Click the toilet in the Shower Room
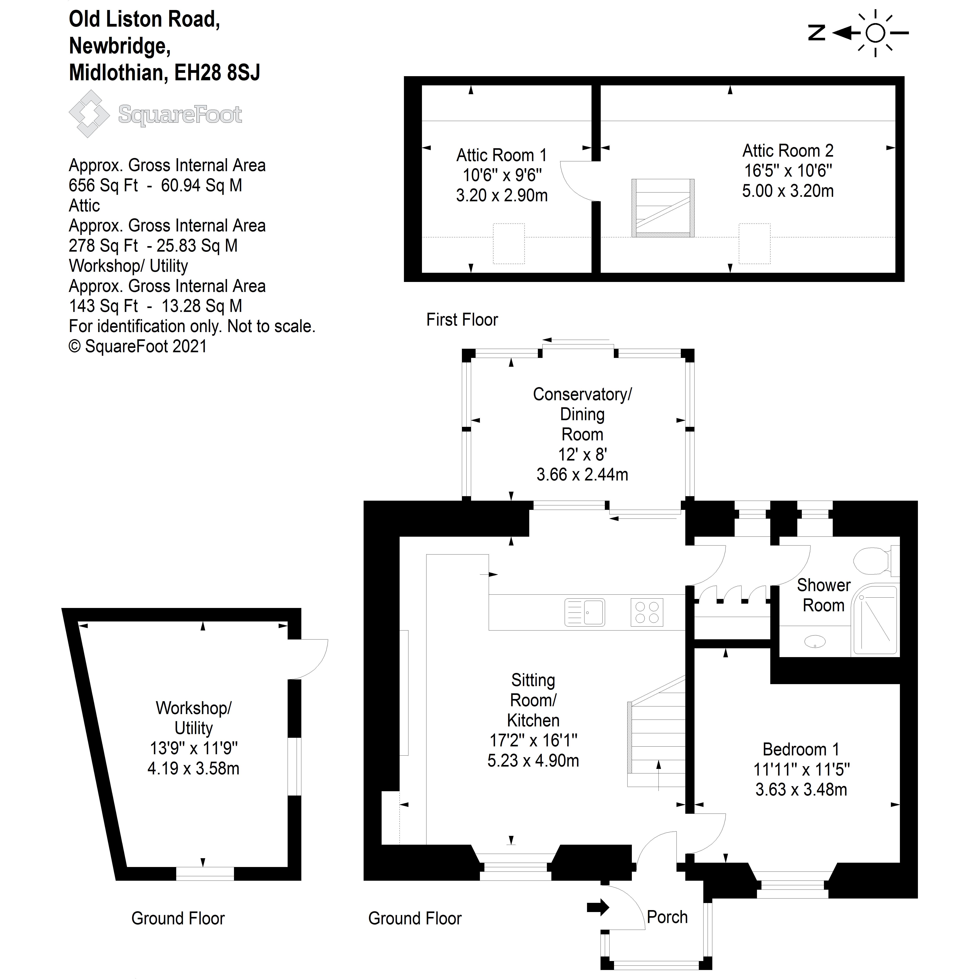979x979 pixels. [873, 560]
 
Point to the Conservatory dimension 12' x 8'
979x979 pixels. [582, 454]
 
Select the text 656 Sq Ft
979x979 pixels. [103, 185]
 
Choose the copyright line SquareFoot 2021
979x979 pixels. [138, 347]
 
